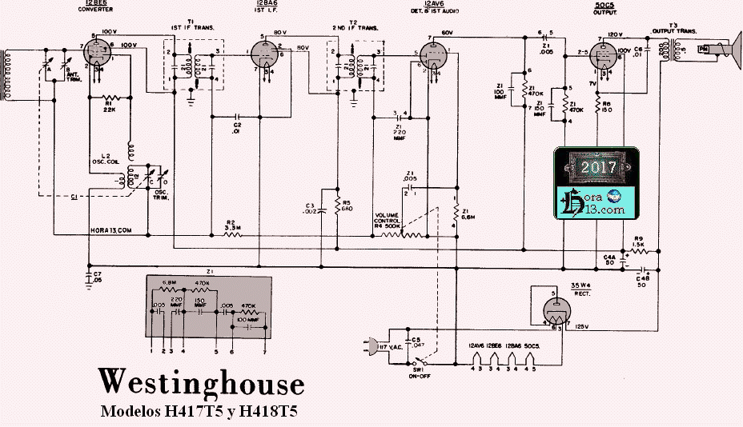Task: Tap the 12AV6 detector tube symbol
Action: (434, 55)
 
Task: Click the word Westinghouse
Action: (201, 382)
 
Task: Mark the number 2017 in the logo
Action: (599, 168)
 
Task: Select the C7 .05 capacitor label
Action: (97, 278)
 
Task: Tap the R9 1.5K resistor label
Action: (639, 241)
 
